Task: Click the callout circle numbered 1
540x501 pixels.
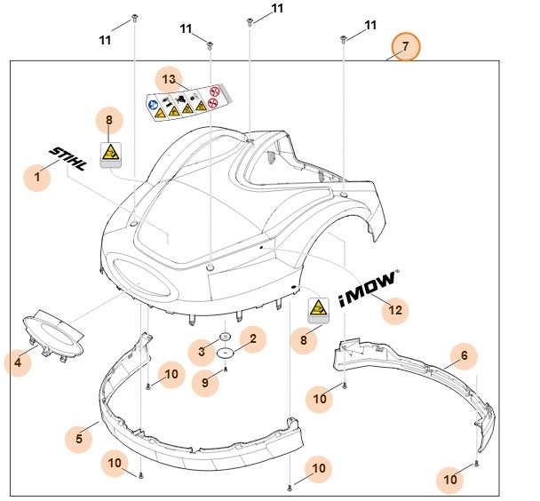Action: click(37, 178)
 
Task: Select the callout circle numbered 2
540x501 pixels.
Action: click(252, 338)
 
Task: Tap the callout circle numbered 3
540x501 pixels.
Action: click(202, 353)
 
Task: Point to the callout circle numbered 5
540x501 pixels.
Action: click(79, 437)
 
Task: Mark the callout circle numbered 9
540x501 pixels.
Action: click(204, 383)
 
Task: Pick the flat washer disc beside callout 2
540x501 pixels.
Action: click(227, 352)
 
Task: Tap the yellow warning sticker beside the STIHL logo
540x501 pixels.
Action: click(109, 152)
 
